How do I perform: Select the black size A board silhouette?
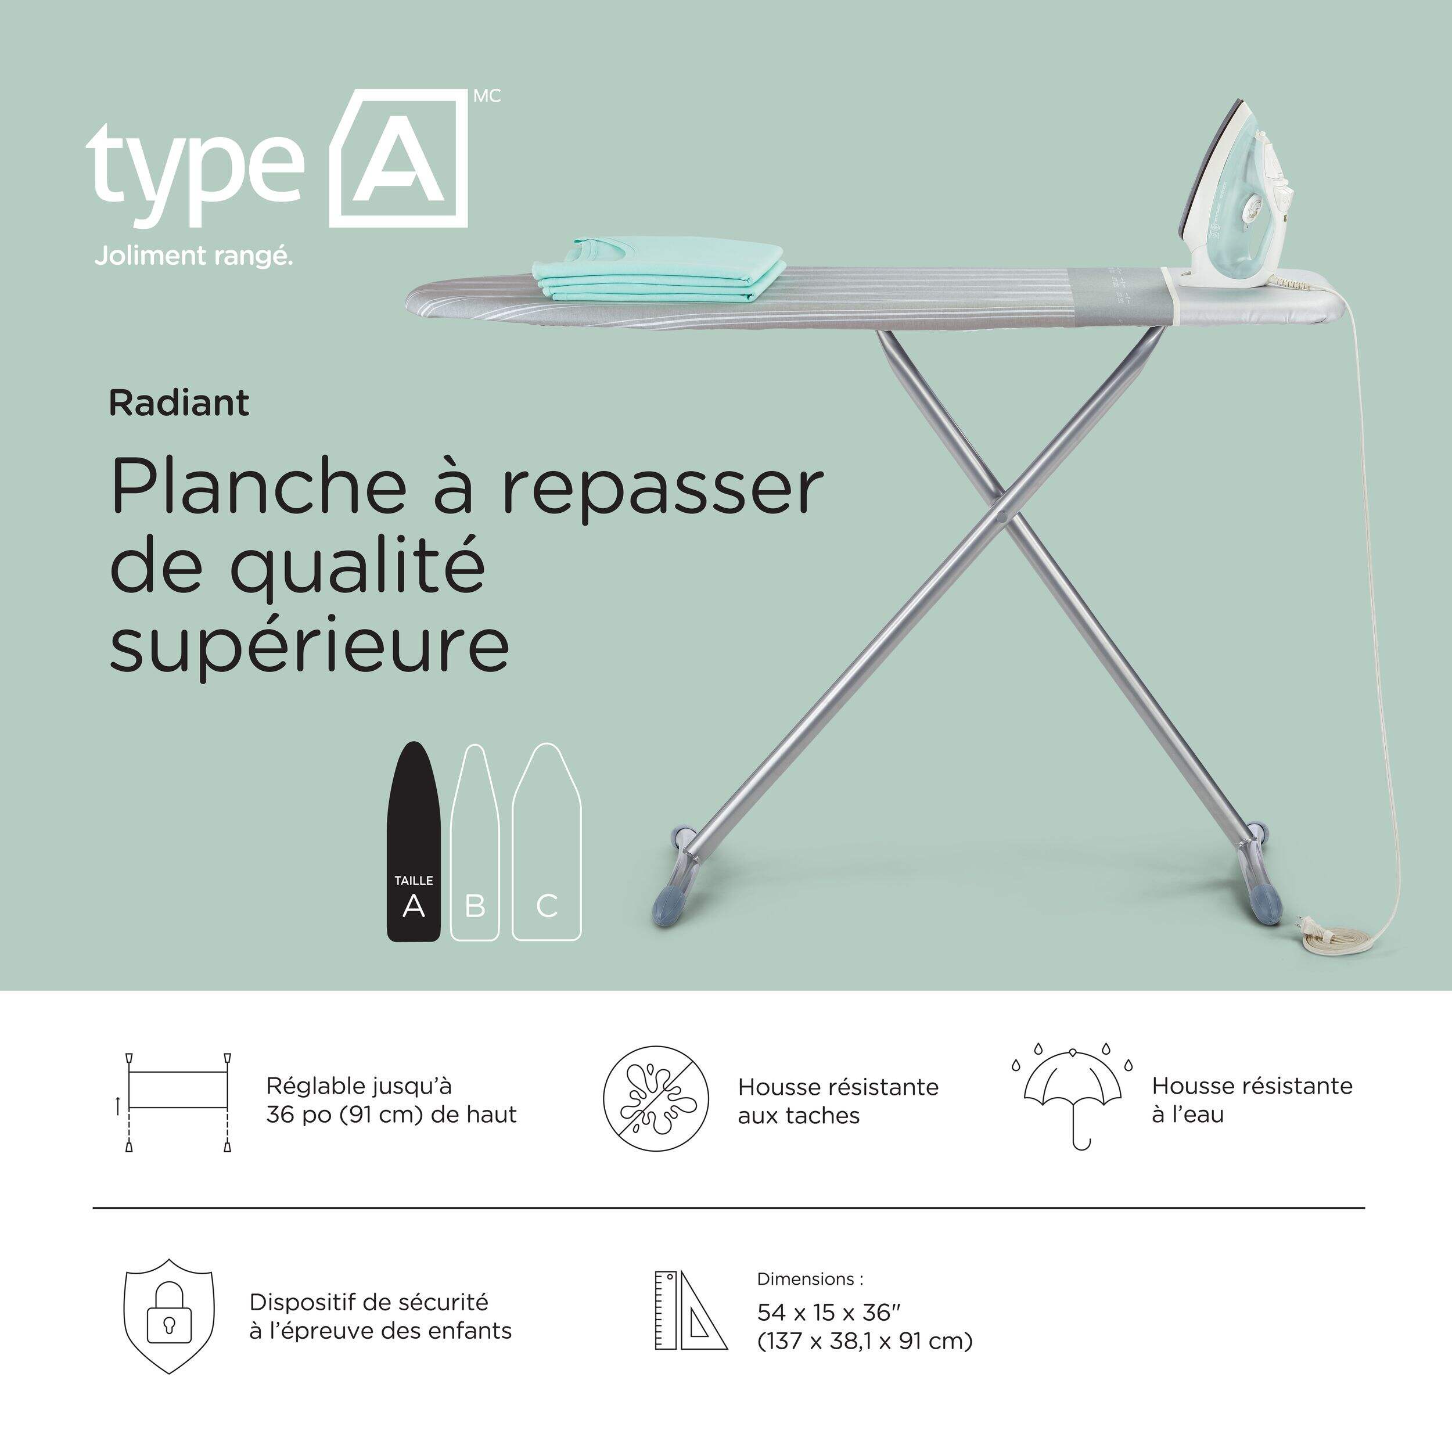(414, 841)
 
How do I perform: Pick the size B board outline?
(475, 842)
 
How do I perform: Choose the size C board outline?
(547, 842)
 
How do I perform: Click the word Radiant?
(179, 404)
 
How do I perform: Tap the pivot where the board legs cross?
(1002, 516)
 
